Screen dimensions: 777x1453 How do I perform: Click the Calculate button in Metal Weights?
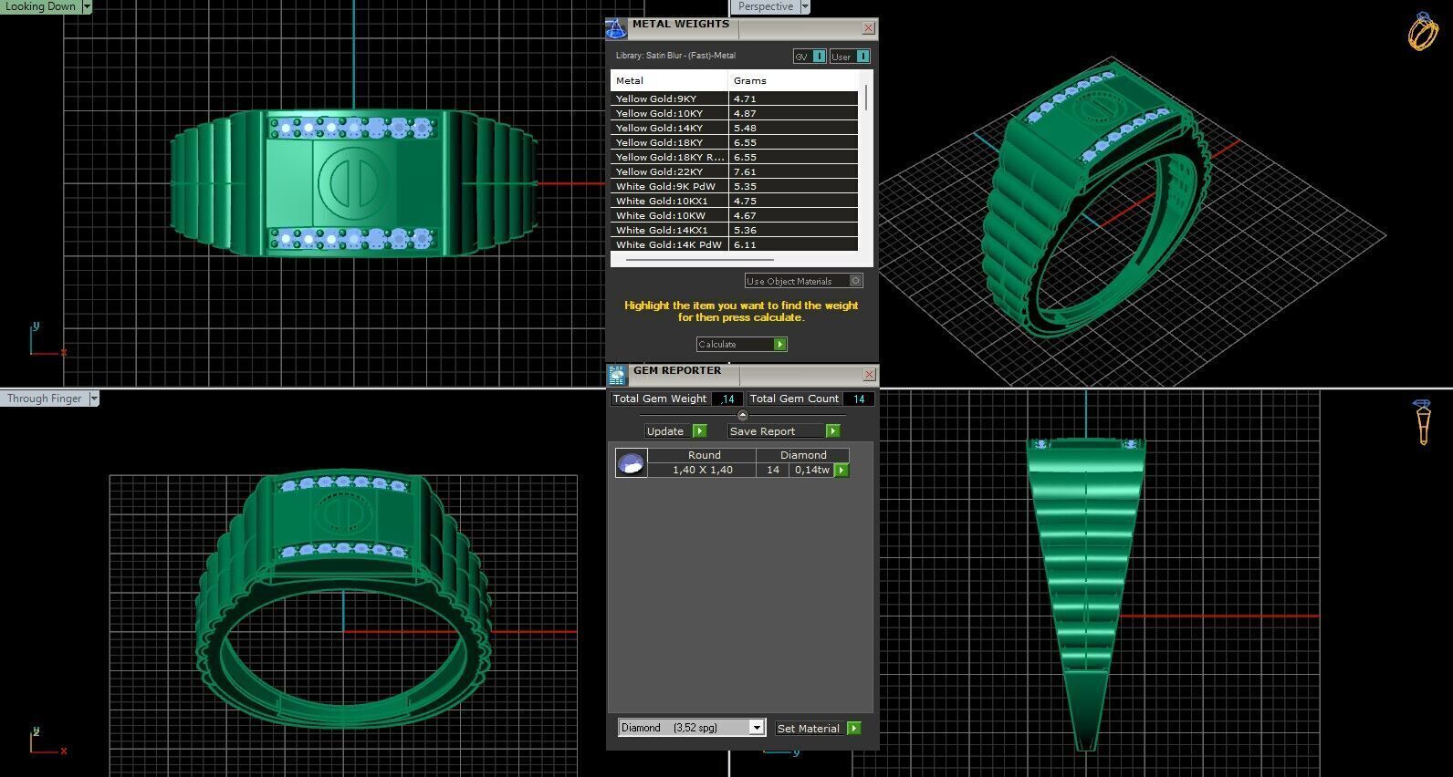(740, 344)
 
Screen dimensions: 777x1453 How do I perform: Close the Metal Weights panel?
(868, 28)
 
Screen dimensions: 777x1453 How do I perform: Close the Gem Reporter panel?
(869, 374)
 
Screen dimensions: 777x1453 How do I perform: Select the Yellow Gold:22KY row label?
(659, 171)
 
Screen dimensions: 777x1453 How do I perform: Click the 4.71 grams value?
(745, 98)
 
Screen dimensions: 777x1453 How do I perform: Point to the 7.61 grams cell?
(745, 171)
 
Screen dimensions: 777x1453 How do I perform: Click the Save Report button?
(783, 431)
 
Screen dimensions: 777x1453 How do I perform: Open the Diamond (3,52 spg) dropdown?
(756, 728)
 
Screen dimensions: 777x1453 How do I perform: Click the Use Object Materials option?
(803, 281)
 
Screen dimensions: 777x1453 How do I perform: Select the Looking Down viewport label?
(41, 6)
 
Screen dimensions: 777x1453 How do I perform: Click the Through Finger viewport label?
(45, 399)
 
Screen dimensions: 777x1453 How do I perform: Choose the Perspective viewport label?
(765, 6)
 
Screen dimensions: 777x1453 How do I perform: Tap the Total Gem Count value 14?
(858, 399)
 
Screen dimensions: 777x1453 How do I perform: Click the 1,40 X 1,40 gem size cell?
(702, 470)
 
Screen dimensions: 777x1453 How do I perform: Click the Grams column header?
(750, 80)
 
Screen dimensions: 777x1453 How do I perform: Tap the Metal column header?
(630, 80)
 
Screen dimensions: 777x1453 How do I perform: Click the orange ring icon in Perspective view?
(1422, 32)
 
